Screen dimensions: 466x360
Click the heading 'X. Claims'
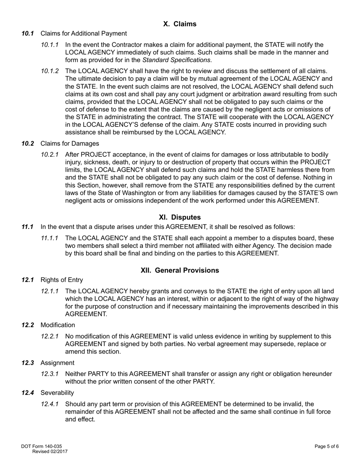tap(180, 24)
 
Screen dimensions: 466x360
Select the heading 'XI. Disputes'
tap(180, 217)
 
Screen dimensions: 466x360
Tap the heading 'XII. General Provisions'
tap(180, 270)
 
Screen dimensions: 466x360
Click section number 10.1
tap(28, 33)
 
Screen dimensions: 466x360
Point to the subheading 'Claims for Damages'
tap(70, 143)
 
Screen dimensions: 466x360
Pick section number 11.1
tap(28, 227)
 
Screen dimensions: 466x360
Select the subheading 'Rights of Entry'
tap(61, 280)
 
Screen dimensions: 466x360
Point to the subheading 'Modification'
tap(58, 325)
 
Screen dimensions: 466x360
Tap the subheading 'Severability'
tap(57, 393)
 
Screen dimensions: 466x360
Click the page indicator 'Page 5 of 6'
tap(326, 447)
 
